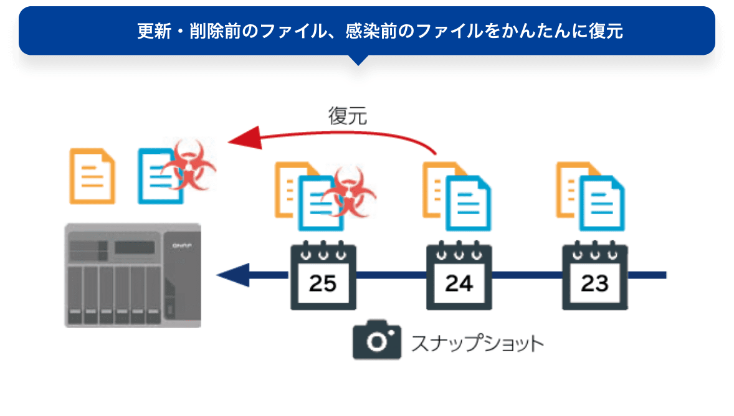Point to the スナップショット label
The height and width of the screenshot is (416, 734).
(x=477, y=343)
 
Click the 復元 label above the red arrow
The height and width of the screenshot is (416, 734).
(x=348, y=116)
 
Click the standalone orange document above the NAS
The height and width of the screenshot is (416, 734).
(x=92, y=176)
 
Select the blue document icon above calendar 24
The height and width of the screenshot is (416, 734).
(x=469, y=204)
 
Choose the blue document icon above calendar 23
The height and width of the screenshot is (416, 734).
(x=603, y=204)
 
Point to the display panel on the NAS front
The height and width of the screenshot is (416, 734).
(x=135, y=247)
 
